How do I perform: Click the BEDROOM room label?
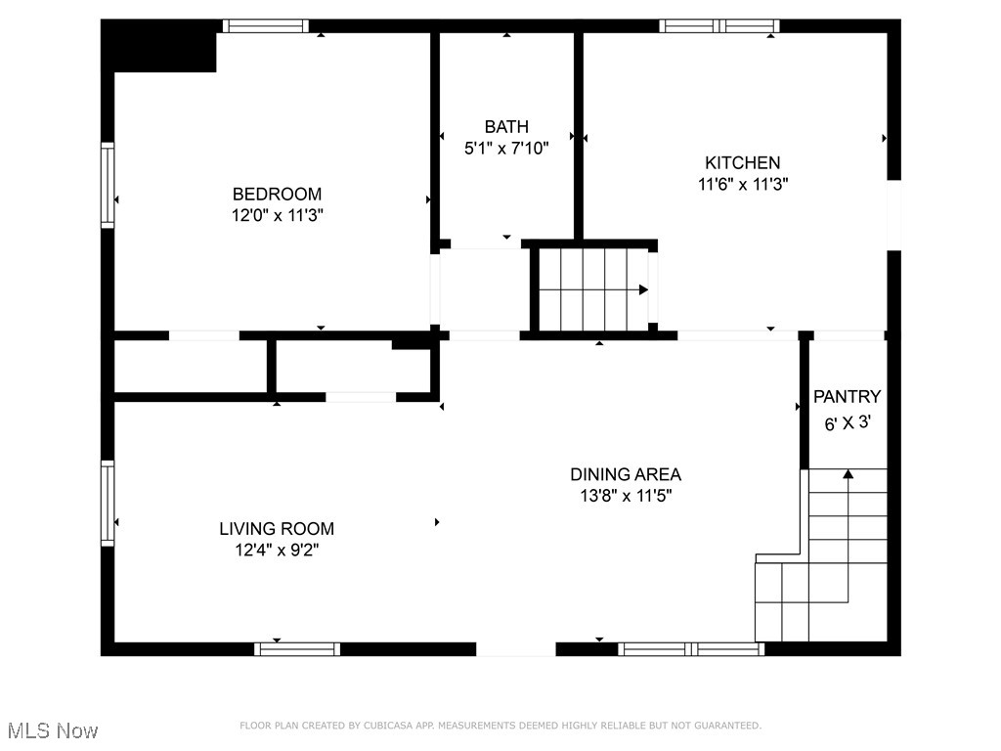277,195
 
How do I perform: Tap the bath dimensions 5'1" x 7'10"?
506,149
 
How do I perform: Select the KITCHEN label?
743,162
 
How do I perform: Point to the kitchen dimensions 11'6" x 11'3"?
743,183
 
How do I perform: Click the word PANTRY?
847,397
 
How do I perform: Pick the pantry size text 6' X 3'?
847,424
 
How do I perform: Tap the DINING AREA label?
626,474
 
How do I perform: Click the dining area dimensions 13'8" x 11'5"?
626,496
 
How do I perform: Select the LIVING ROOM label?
277,529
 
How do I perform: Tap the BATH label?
506,126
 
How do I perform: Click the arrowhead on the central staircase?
643,289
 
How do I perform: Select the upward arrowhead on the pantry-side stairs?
849,474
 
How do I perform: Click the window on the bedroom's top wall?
265,26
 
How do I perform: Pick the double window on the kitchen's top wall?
719,26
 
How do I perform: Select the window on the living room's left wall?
108,503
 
